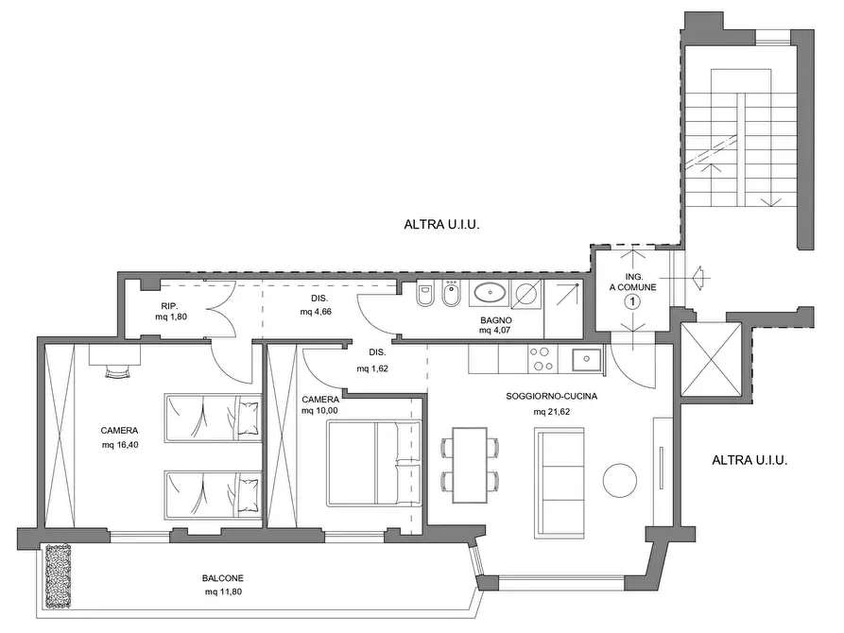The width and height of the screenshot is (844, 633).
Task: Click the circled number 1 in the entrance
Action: pyautogui.click(x=632, y=302)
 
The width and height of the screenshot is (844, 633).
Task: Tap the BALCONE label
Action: pyautogui.click(x=223, y=578)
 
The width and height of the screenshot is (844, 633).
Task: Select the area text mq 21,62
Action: pyautogui.click(x=552, y=412)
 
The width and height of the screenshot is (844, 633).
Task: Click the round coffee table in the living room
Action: pyautogui.click(x=620, y=480)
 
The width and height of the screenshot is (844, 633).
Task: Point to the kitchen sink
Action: pyautogui.click(x=587, y=359)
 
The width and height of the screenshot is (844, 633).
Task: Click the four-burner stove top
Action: pyautogui.click(x=542, y=359)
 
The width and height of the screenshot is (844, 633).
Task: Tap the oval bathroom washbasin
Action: pyautogui.click(x=490, y=294)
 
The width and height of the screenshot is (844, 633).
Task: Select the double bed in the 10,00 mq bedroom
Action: pyautogui.click(x=374, y=464)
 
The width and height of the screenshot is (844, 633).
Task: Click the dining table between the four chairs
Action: pyautogui.click(x=470, y=465)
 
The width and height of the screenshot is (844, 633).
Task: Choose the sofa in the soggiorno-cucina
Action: pyautogui.click(x=560, y=483)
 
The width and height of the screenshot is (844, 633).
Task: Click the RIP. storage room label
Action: pyautogui.click(x=169, y=306)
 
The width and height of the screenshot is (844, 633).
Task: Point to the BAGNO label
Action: pyautogui.click(x=496, y=320)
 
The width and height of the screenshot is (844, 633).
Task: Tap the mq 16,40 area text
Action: pyautogui.click(x=120, y=445)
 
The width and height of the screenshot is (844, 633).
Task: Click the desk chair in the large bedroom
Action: pyautogui.click(x=118, y=372)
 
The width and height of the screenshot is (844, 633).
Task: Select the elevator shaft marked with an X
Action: pyautogui.click(x=711, y=359)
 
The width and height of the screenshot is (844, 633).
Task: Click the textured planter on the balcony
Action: pyautogui.click(x=59, y=576)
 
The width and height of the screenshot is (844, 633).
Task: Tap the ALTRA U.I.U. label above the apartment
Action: pyautogui.click(x=441, y=225)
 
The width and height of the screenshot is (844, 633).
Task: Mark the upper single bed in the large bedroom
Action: pyautogui.click(x=213, y=418)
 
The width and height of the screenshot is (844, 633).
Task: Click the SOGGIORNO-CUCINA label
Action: pyautogui.click(x=552, y=396)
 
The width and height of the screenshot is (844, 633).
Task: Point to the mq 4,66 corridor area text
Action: pyautogui.click(x=316, y=312)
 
